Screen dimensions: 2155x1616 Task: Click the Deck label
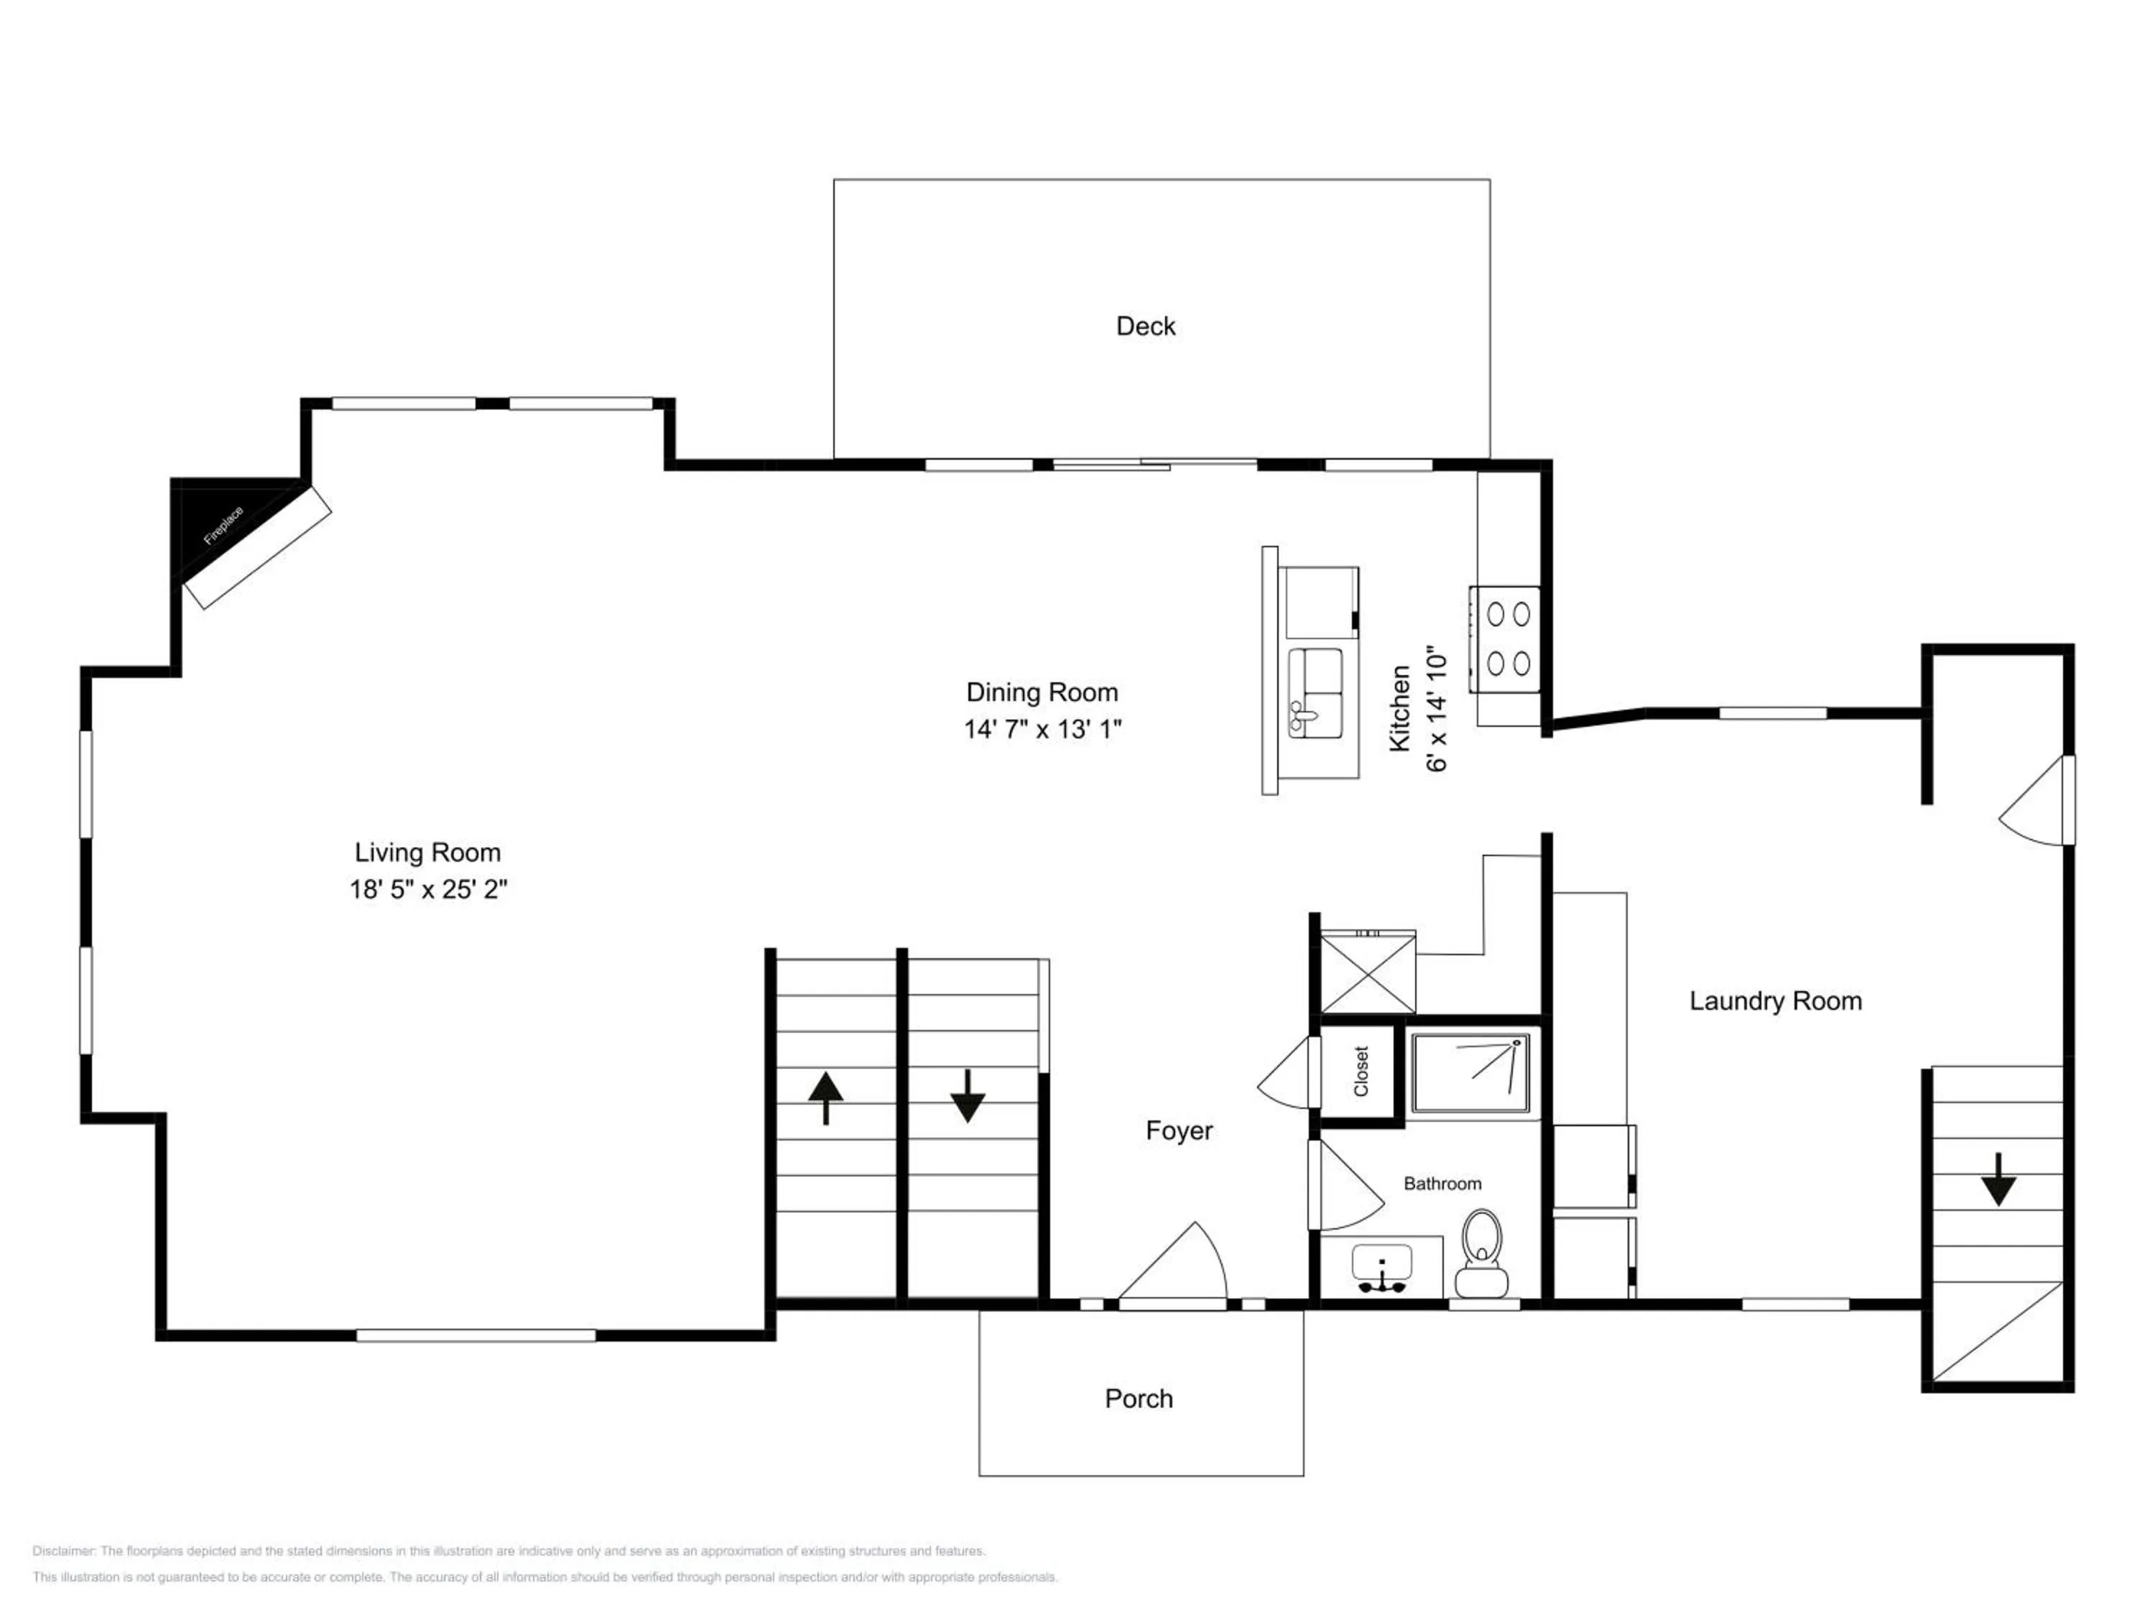[x=1146, y=326]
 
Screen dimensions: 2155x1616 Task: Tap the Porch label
[x=1139, y=1399]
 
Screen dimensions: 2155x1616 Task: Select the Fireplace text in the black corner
[x=223, y=526]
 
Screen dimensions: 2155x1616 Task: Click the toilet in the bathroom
[x=1482, y=1253]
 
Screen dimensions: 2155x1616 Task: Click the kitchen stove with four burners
[x=1505, y=639]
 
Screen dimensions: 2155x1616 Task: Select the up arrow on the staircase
[x=825, y=1097]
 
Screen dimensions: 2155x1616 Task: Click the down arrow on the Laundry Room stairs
[x=1998, y=1179]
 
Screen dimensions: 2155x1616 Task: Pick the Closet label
[x=1361, y=1072]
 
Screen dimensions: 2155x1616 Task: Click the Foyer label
[x=1179, y=1131]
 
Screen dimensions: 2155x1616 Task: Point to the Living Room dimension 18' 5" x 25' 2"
[x=429, y=889]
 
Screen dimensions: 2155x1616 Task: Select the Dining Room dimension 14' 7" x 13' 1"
[x=1042, y=730]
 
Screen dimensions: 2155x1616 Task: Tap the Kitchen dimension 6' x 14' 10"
[x=1437, y=708]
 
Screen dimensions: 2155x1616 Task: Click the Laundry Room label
[x=1775, y=1001]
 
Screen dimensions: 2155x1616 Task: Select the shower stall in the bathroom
[x=1470, y=1072]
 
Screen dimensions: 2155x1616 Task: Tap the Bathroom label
[x=1442, y=1184]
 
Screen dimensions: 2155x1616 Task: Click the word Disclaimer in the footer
[x=63, y=1551]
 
